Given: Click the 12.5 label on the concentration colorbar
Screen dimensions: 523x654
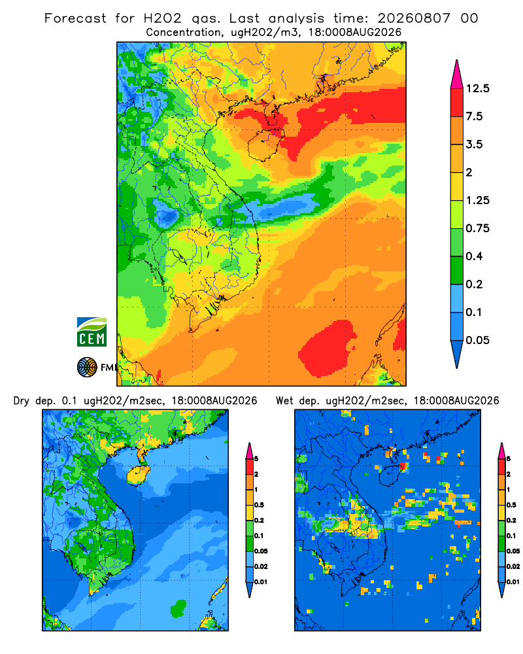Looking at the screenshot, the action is point(477,88).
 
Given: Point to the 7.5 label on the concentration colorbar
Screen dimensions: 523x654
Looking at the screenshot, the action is point(474,116).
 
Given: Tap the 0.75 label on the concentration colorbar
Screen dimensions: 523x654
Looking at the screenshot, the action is point(477,228).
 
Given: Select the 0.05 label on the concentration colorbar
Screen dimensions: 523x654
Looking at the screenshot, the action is point(477,340).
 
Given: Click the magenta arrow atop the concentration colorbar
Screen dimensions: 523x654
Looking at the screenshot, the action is point(457,75).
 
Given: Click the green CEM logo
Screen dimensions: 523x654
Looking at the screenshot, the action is point(92,332).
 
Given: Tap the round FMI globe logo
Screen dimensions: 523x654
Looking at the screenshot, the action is point(87,368).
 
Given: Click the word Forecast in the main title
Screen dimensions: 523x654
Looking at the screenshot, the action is point(75,18).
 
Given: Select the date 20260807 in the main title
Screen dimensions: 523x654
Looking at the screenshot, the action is point(414,18).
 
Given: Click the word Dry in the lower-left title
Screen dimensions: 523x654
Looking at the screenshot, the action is point(22,401).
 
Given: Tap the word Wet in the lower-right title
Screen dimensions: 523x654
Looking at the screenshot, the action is point(284,401).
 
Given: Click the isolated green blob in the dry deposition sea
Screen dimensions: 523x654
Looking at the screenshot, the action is point(178,608).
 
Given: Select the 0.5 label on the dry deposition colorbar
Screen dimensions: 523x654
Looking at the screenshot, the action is point(259,505).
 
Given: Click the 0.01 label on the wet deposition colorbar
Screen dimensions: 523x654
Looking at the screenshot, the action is point(513,582).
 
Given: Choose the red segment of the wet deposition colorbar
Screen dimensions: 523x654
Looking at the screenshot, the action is point(501,466).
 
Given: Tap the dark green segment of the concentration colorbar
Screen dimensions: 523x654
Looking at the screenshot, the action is point(457,270).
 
